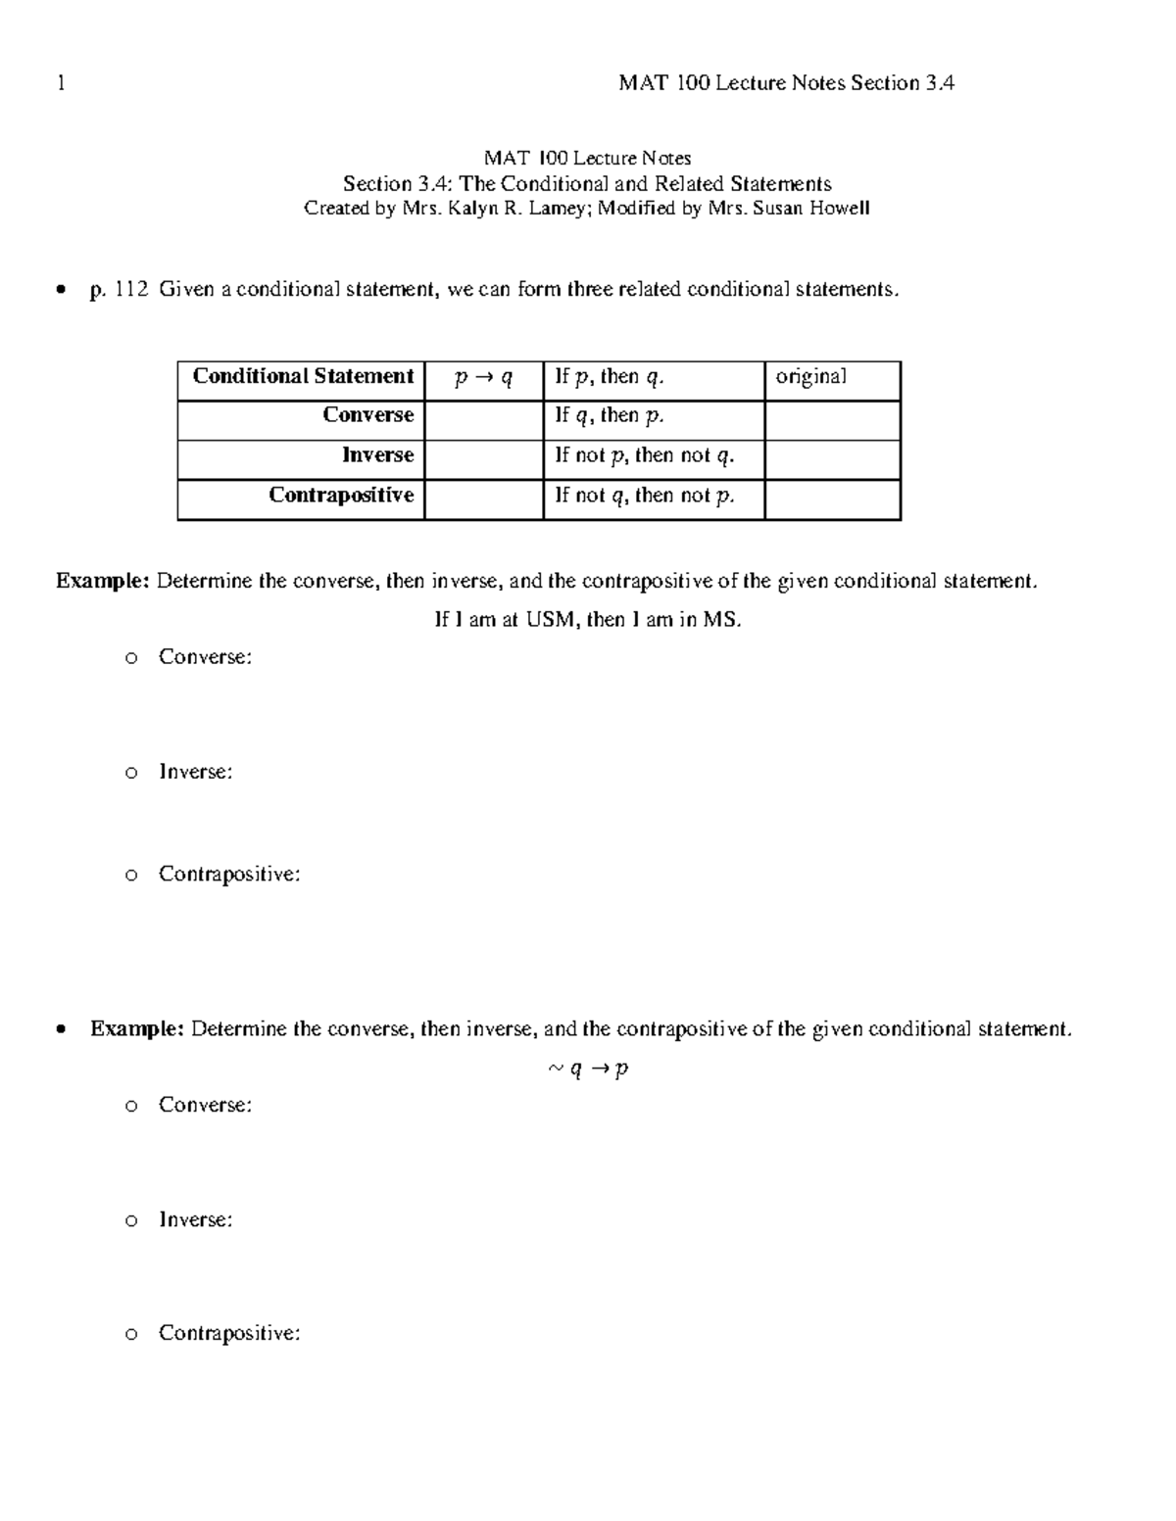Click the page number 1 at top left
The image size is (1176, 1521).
tap(61, 83)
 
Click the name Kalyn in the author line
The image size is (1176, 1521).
tap(473, 208)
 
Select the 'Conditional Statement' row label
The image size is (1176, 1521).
tap(303, 376)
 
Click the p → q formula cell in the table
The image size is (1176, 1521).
tap(484, 378)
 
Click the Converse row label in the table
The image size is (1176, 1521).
tap(367, 415)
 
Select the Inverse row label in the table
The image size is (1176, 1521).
tap(377, 455)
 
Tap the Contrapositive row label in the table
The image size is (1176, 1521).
tap(341, 495)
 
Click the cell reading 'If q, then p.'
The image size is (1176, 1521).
tap(610, 416)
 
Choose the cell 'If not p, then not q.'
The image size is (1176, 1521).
tap(644, 455)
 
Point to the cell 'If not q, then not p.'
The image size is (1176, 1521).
tap(644, 496)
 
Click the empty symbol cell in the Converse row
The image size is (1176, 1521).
tap(484, 420)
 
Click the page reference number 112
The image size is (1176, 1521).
tap(131, 289)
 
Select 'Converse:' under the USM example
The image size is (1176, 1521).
tap(205, 657)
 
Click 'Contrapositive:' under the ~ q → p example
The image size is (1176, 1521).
tap(228, 1333)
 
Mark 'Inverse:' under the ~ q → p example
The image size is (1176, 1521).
tap(195, 1219)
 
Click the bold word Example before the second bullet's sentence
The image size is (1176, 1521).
tap(136, 1028)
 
